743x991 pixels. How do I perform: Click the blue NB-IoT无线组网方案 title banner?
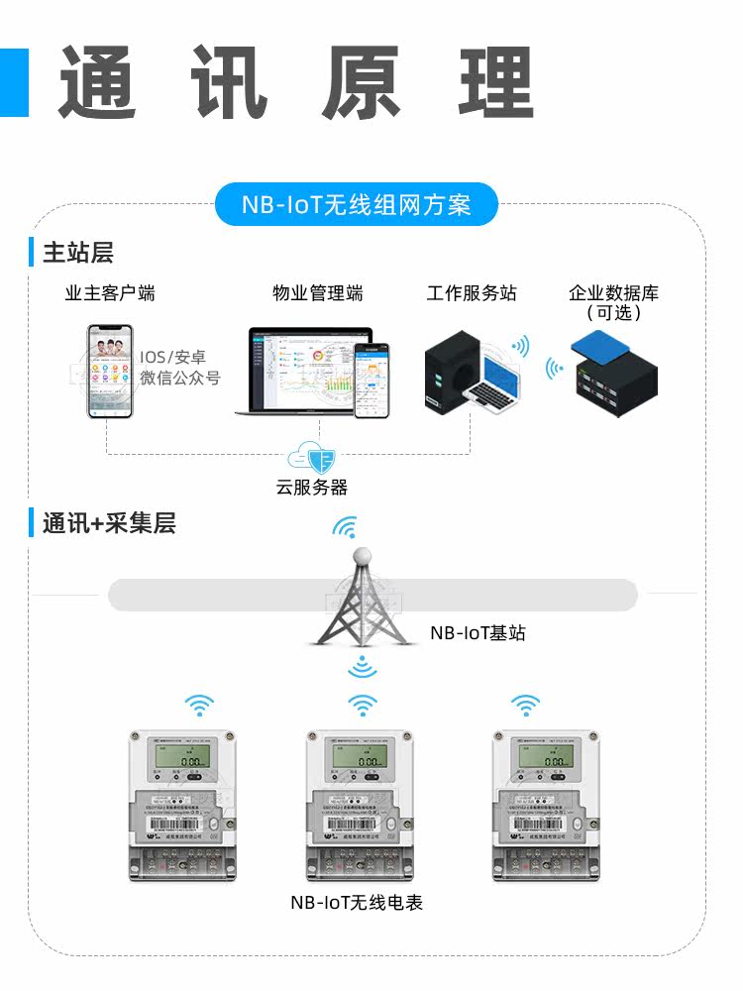point(357,205)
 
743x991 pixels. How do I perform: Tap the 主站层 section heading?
point(78,253)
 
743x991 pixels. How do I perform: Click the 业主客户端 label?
point(110,293)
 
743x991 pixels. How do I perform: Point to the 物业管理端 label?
point(318,293)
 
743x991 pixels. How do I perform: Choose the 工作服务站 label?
point(472,293)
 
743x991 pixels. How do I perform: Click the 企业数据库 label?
point(613,293)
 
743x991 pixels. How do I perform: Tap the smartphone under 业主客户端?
point(109,372)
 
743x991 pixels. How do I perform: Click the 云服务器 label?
point(312,488)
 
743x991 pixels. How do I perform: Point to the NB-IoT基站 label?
point(478,632)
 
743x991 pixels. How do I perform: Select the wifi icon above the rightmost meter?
point(525,705)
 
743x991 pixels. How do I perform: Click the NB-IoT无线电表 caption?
point(357,903)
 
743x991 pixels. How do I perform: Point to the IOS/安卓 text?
point(173,357)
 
